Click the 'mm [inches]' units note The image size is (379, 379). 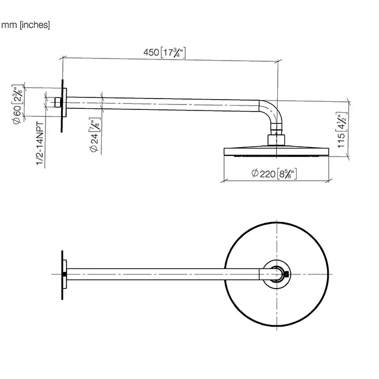[x=25, y=25]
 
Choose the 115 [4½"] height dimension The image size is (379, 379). [x=340, y=130]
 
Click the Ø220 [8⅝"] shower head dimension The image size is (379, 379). [x=276, y=174]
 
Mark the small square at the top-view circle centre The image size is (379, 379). [x=286, y=274]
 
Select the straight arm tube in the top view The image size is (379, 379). [x=162, y=274]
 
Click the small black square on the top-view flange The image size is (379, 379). [x=65, y=274]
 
